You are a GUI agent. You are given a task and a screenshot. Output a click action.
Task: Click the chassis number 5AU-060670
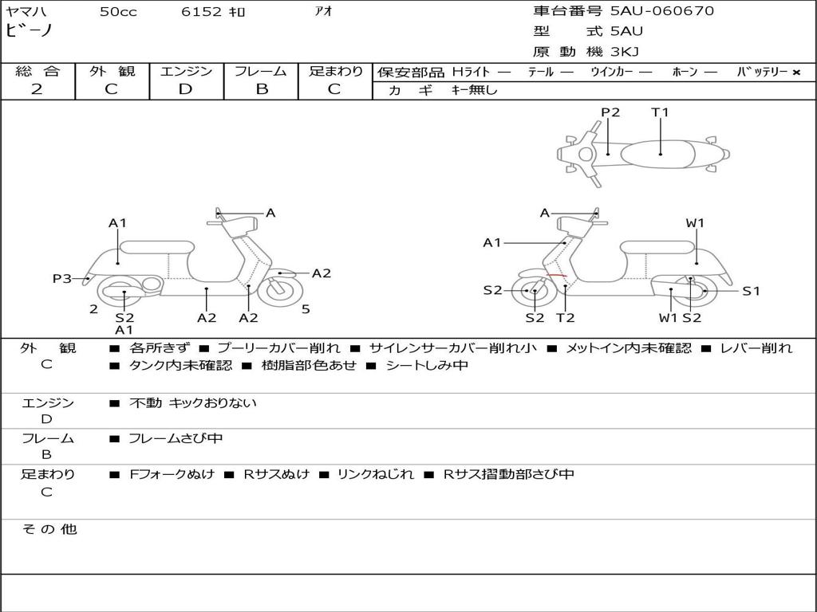coord(662,11)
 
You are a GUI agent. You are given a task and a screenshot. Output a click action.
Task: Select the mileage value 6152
coord(202,12)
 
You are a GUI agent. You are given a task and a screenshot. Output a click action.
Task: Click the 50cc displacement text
coord(118,12)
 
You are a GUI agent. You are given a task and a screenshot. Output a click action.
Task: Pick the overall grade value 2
coord(37,89)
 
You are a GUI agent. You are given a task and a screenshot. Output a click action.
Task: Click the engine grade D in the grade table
coord(185,89)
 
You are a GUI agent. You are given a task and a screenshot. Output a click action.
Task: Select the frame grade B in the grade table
coord(261,89)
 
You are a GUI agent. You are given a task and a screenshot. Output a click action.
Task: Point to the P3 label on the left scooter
coord(62,279)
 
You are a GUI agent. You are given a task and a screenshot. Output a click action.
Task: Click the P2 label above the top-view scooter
coord(610,112)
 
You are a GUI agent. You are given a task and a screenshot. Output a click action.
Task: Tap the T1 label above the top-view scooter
coord(660,112)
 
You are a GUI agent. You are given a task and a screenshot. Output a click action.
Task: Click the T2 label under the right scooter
coord(566,318)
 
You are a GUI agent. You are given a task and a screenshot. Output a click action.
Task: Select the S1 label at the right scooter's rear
coord(751,292)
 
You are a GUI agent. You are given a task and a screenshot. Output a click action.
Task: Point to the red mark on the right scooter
coord(557,276)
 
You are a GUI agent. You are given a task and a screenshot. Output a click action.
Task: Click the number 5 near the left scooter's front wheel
coord(306,308)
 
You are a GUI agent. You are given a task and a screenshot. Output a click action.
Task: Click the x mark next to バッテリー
coord(795,72)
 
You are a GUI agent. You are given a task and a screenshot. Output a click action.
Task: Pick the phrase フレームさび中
coord(176,439)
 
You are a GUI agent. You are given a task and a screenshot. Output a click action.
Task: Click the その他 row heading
coord(49,529)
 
